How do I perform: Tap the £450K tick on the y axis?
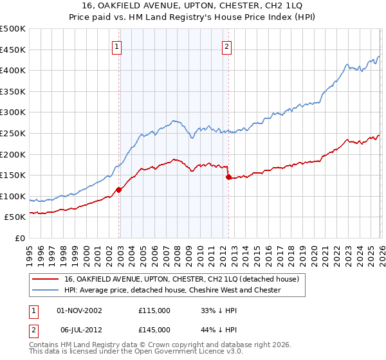pos(13,50)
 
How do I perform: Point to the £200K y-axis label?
pos(13,154)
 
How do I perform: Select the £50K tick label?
pos(15,217)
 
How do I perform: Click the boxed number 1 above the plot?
pos(118,46)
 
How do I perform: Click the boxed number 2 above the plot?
pos(228,46)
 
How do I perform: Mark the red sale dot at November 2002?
pos(118,190)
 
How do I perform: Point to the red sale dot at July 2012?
pos(228,177)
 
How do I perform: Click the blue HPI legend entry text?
pos(172,290)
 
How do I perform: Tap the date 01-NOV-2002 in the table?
pos(79,310)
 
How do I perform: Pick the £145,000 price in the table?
pos(154,329)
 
